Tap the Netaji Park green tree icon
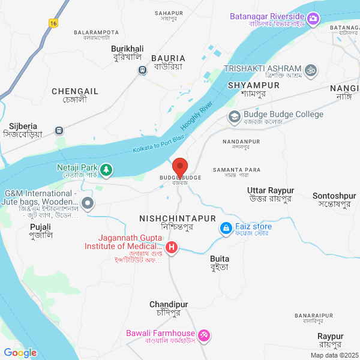pos(106,170)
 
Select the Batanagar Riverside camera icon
pos(313,20)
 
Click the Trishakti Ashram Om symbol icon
pos(311,70)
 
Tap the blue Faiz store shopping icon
pos(226,229)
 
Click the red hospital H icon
pos(172,247)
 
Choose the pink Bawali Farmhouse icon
pos(204,334)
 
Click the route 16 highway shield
pos(54,23)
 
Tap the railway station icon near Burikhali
pos(142,70)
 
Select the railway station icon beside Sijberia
pos(59,130)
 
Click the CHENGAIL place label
pos(75,91)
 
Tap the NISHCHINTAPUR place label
pos(178,218)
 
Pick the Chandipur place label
pos(165,305)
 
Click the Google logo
pos(20,353)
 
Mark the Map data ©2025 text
pos(334,355)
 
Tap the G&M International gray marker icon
pos(88,203)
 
